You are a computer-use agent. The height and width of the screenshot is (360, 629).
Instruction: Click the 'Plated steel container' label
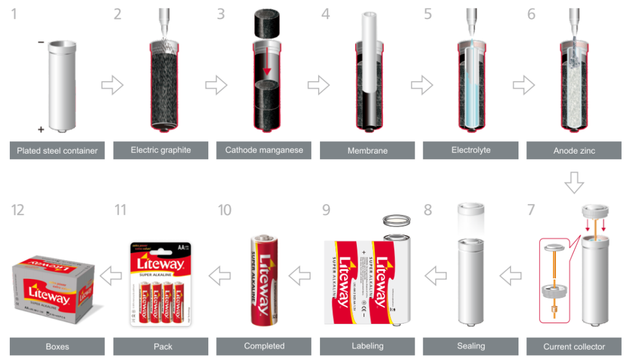tap(57, 151)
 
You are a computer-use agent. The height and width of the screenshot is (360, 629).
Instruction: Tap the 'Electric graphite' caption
tap(161, 150)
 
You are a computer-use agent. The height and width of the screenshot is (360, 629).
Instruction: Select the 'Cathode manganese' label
tap(264, 150)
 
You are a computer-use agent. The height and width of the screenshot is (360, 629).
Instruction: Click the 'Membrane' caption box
tap(368, 151)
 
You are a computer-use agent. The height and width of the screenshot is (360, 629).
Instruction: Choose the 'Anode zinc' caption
tap(574, 151)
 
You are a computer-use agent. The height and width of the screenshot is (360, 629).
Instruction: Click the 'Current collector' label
tap(574, 346)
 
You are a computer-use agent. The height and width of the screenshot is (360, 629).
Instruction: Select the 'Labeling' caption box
tap(368, 346)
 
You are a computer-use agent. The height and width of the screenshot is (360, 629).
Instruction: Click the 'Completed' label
tap(264, 346)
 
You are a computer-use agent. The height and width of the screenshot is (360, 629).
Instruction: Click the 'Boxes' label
tap(57, 346)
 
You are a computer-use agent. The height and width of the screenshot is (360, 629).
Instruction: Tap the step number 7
tap(531, 211)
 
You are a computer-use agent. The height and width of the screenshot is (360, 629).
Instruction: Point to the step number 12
tap(18, 211)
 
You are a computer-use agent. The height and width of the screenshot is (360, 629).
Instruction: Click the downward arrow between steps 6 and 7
tap(575, 182)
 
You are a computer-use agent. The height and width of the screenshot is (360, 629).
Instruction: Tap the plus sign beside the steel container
tap(41, 130)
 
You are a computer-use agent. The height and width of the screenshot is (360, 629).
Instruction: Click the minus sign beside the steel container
tap(41, 42)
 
